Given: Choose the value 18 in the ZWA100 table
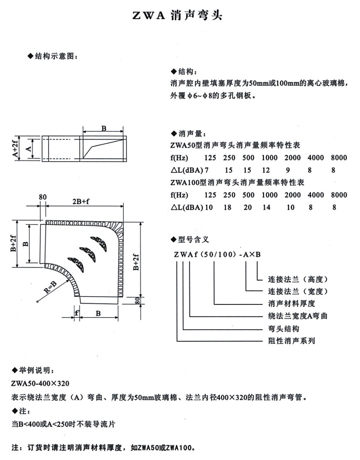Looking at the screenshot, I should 229,207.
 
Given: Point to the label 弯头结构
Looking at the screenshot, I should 283,328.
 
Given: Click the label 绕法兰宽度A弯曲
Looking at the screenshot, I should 297,316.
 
